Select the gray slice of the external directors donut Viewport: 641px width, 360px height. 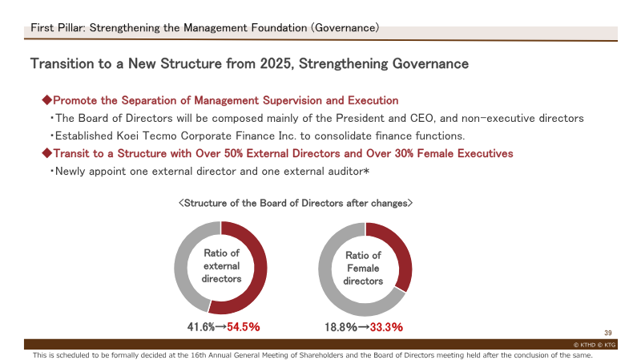[x=181, y=266]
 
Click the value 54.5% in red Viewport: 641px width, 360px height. [x=244, y=327]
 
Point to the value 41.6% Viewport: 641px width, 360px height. [x=201, y=327]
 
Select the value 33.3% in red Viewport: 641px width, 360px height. [x=386, y=327]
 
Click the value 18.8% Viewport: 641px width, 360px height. [x=341, y=327]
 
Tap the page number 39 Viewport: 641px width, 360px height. [x=608, y=333]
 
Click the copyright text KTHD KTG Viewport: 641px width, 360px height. [x=595, y=345]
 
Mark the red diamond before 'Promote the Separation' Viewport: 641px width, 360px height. [x=47, y=99]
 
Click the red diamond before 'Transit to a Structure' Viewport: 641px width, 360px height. [x=47, y=153]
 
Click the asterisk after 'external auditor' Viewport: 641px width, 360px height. [x=366, y=171]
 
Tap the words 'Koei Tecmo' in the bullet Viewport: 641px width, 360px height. [x=147, y=136]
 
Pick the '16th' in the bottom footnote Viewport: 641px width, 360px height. [x=198, y=355]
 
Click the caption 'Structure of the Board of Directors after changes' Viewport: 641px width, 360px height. [x=296, y=204]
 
